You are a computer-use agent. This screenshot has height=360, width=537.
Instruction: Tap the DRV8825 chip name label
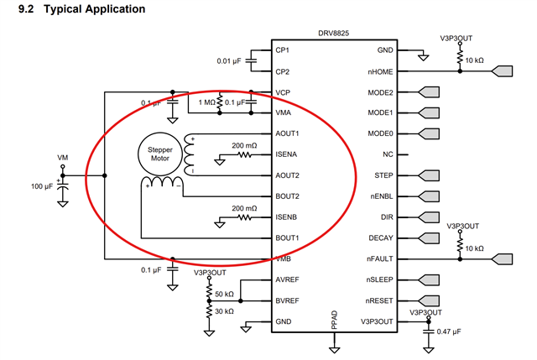(x=334, y=34)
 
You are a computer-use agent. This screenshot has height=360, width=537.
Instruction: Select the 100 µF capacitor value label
(x=42, y=186)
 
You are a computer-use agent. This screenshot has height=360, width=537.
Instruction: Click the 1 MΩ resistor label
(x=207, y=102)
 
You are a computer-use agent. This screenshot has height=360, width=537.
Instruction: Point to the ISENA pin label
(x=286, y=154)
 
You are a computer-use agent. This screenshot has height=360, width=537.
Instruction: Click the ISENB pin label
(x=286, y=217)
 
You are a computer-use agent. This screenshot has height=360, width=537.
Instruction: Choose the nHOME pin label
(x=380, y=72)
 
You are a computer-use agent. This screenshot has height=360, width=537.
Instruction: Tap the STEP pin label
(x=383, y=175)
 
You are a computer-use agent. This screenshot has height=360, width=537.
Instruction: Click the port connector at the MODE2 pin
(x=429, y=92)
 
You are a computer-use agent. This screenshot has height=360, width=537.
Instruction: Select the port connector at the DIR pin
(x=429, y=217)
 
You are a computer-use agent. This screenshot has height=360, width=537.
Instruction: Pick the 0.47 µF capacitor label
(x=449, y=331)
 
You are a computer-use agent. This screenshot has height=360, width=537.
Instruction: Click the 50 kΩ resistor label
(x=224, y=294)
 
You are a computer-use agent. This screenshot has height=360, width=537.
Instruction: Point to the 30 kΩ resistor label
(x=224, y=311)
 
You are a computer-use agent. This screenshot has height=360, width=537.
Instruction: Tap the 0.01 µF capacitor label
(x=229, y=61)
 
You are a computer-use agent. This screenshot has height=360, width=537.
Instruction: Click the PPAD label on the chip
(x=335, y=320)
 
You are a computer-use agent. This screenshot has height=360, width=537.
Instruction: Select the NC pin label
(x=388, y=154)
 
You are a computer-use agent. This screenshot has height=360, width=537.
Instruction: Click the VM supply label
(x=62, y=158)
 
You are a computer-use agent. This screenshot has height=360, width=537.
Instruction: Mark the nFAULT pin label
(x=379, y=259)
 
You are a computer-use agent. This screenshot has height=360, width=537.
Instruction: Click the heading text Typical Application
(x=95, y=9)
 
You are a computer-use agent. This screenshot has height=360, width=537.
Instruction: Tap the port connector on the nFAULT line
(x=502, y=259)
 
